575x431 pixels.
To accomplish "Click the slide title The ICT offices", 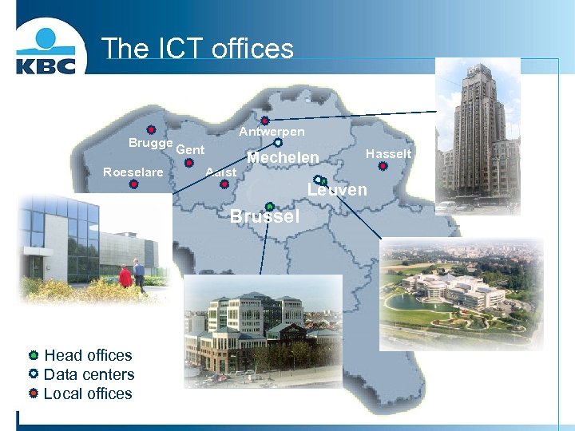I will pos(197,49).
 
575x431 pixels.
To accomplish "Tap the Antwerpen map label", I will pos(272,132).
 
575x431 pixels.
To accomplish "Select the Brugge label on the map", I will pos(150,143).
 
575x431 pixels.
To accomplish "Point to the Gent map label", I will pos(190,150).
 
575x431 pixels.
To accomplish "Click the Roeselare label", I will pos(133,172).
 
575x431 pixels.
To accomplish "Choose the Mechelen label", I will pos(283,158).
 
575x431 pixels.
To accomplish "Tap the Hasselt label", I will pos(389,153).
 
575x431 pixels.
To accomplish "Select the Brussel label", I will pos(265,216).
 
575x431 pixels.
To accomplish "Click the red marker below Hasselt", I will pos(383,168).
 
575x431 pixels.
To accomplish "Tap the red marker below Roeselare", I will pos(133,184).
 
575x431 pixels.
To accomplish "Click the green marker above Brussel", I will pos(270,207).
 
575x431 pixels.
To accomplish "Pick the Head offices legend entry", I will pos(88,355).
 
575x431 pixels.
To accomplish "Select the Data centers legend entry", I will pos(89,374).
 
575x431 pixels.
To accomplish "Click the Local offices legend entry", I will pos(88,393).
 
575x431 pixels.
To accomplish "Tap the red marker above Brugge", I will pos(151,130).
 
